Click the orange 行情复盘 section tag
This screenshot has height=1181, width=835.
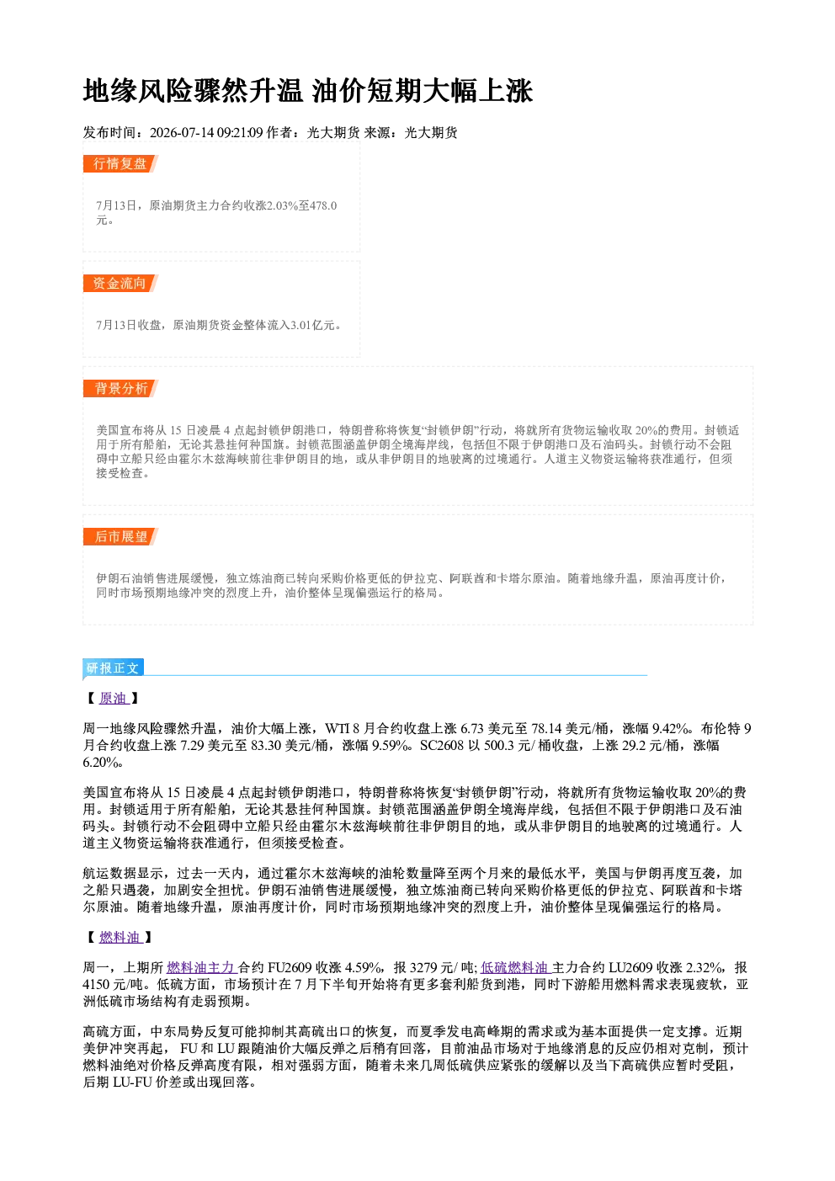[x=120, y=163]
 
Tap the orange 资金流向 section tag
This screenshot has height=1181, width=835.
[x=120, y=283]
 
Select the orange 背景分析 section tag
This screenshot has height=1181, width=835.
[x=120, y=389]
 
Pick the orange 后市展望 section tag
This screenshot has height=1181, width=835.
[x=120, y=537]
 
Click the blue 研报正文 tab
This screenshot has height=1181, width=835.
[x=113, y=668]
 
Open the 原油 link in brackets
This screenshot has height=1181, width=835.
[x=114, y=699]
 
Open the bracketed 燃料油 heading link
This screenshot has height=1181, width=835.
[x=120, y=937]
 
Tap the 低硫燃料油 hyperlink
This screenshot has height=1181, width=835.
[x=515, y=967]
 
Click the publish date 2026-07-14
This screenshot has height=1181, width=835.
[x=182, y=132]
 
